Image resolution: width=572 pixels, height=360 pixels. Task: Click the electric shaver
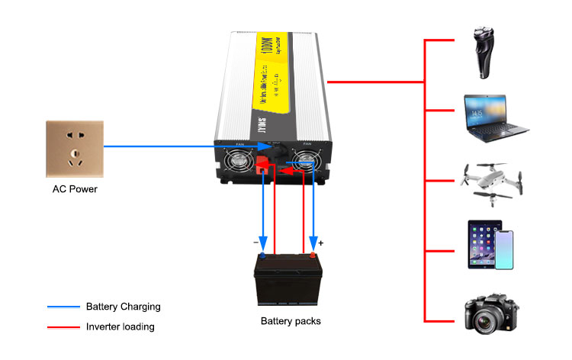coord(484,54)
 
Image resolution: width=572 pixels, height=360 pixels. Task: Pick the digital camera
coord(491,312)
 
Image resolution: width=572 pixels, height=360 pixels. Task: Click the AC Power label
coord(74,188)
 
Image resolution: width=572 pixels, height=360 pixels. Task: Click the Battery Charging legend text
coord(123,307)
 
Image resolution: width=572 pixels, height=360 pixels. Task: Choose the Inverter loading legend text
coord(120,326)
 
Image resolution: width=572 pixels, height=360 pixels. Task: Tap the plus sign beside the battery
coord(320,243)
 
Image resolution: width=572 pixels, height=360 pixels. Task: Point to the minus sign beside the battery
coord(256,243)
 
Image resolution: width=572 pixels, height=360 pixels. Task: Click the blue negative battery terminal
coord(262,255)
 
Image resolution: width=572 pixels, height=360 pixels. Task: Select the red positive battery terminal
coord(312,254)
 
